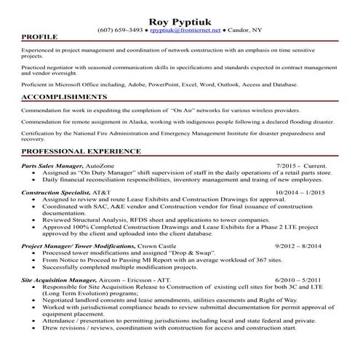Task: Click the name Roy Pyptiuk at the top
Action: pyautogui.click(x=180, y=20)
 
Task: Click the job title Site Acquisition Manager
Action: pyautogui.click(x=59, y=279)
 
